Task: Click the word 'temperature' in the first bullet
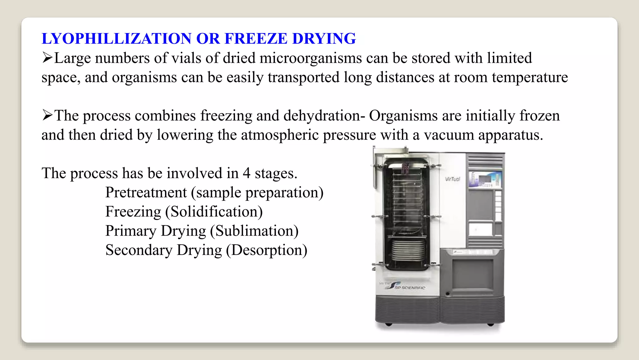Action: pyautogui.click(x=530, y=77)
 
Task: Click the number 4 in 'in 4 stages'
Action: pyautogui.click(x=246, y=173)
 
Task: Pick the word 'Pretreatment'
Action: pyautogui.click(x=146, y=192)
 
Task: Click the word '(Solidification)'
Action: pyautogui.click(x=214, y=212)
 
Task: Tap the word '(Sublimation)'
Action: pyautogui.click(x=254, y=231)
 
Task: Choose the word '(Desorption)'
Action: pyautogui.click(x=267, y=250)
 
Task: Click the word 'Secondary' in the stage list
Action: pyautogui.click(x=139, y=250)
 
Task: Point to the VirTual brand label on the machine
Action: pyautogui.click(x=452, y=179)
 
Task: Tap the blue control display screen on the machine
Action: pyautogui.click(x=485, y=179)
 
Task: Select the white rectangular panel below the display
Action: pyautogui.click(x=480, y=229)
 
